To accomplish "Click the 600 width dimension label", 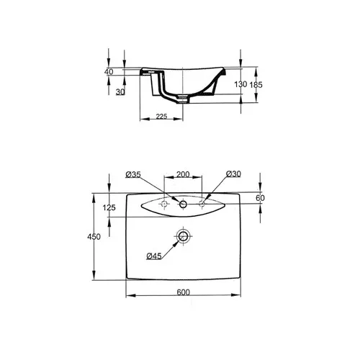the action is (184, 292).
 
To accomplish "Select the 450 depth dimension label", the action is (94, 237).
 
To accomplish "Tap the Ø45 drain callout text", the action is (154, 256).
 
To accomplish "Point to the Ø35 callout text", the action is (133, 174).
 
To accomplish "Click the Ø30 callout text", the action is (233, 174).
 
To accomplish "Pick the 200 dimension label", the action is (183, 174).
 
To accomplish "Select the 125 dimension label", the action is (109, 207).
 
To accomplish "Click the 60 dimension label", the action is (260, 198).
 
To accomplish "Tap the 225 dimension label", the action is (161, 117).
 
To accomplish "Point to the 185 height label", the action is (256, 85).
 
